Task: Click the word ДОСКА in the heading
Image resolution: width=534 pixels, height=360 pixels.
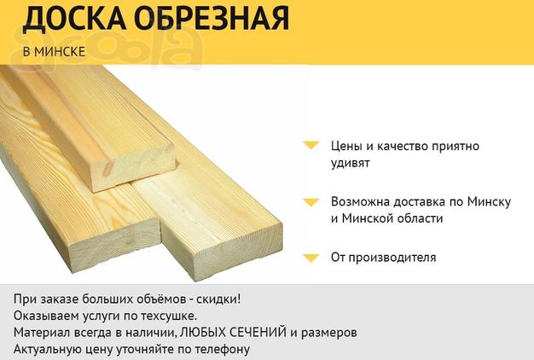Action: (74, 19)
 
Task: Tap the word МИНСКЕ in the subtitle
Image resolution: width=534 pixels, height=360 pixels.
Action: (60, 51)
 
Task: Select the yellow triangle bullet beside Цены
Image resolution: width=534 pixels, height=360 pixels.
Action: (311, 145)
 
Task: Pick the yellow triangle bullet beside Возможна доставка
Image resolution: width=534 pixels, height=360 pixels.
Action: (311, 202)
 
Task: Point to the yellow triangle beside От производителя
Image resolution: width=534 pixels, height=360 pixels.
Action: (311, 258)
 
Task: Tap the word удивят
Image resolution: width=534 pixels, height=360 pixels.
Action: (350, 163)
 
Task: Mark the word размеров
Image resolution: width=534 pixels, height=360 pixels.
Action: (329, 333)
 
